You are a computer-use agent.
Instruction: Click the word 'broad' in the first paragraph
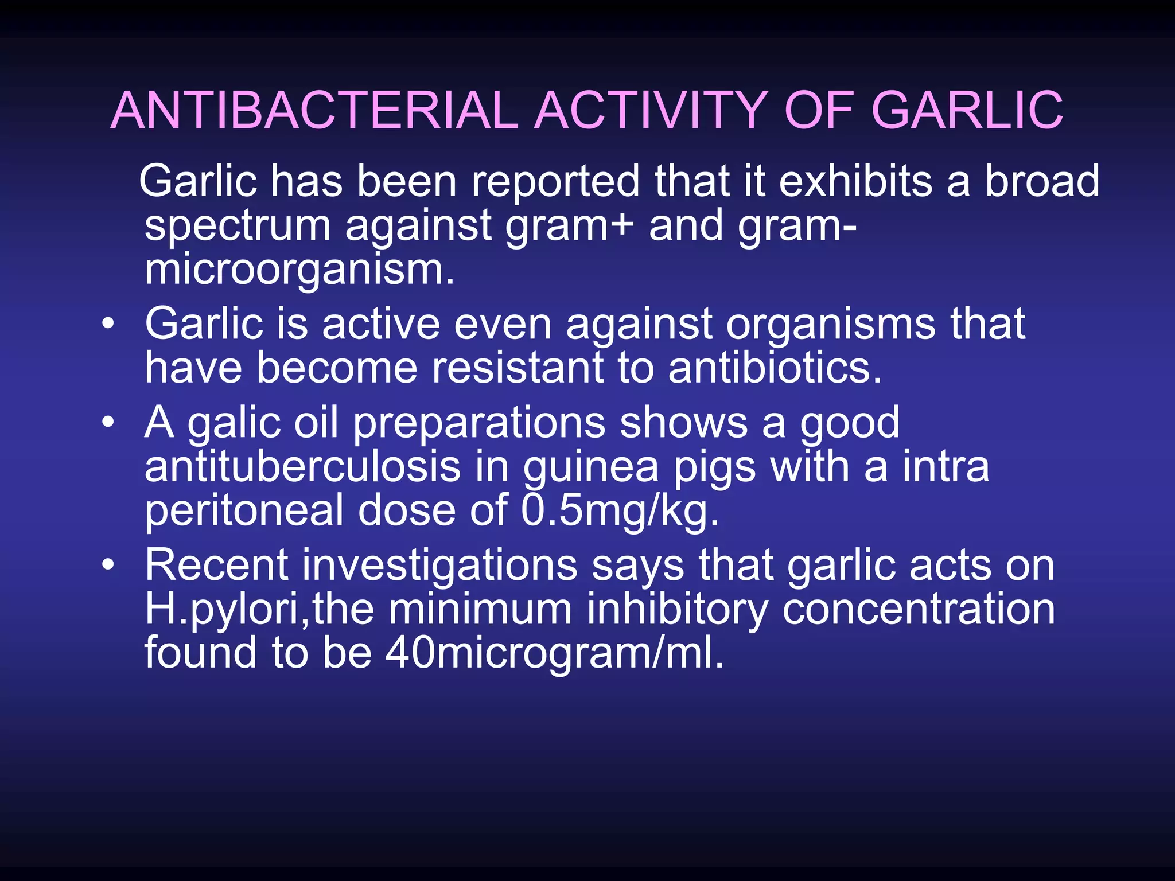coord(1042,181)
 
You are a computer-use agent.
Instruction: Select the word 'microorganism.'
coord(299,270)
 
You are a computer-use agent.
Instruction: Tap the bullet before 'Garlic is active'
coord(108,325)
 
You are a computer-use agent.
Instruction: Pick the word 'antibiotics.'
coord(775,368)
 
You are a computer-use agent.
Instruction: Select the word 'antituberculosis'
coord(302,467)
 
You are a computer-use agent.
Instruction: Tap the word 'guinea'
coord(591,467)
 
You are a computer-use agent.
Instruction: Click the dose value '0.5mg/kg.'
coord(620,510)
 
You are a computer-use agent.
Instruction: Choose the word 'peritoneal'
coord(244,510)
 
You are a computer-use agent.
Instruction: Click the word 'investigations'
coord(439,566)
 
